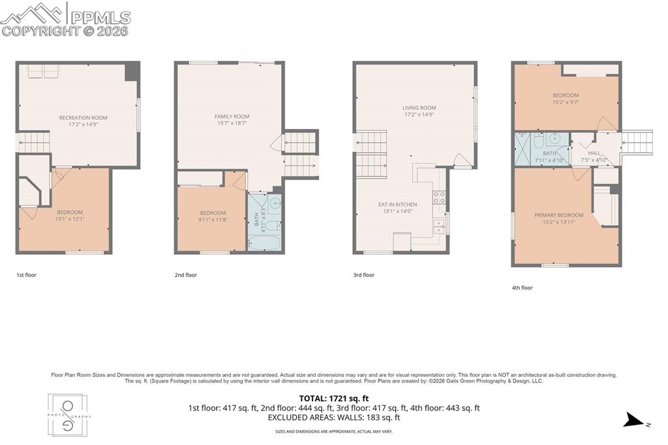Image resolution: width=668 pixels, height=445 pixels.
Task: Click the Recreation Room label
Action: (x=83, y=118)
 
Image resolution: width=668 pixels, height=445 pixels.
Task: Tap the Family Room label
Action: (x=232, y=117)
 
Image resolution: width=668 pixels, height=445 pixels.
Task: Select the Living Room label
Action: (x=419, y=108)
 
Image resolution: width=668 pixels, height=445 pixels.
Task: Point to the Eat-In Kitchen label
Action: (x=397, y=205)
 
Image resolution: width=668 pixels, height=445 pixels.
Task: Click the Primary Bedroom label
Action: (x=558, y=215)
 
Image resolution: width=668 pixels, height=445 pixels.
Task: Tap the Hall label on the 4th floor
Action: (x=594, y=153)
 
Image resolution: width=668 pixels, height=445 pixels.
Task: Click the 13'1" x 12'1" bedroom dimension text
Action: (x=69, y=219)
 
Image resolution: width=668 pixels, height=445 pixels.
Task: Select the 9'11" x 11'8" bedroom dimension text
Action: (x=213, y=220)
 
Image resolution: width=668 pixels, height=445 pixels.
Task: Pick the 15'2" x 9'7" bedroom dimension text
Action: (x=565, y=102)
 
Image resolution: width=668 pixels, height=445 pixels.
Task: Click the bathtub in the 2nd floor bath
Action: (x=265, y=244)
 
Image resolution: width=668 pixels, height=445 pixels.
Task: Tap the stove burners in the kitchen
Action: (x=440, y=197)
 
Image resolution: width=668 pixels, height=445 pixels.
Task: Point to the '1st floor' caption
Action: (x=27, y=275)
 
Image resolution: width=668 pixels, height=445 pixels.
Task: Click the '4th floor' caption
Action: (x=523, y=287)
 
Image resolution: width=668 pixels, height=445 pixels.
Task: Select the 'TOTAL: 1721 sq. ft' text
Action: (x=333, y=398)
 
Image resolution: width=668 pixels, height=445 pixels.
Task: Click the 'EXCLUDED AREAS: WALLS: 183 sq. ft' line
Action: (x=333, y=418)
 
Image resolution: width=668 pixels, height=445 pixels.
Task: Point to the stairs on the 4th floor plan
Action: (x=637, y=141)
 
